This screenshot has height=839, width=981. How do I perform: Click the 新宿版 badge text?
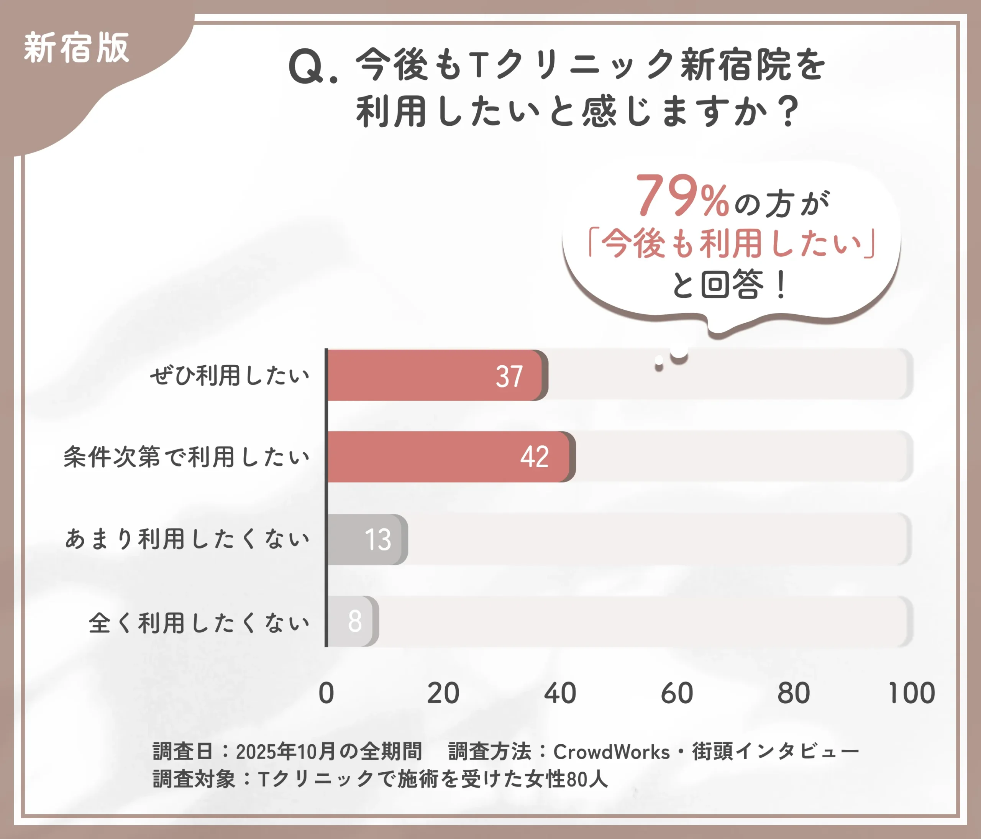(x=76, y=48)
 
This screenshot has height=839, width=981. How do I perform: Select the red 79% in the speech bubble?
(x=681, y=195)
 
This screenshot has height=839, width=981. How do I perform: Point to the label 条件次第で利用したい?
(x=187, y=457)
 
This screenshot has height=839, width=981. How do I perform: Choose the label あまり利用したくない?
(x=187, y=539)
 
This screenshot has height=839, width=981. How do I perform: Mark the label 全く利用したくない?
(x=199, y=622)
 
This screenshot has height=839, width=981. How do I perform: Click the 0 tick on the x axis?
(x=326, y=693)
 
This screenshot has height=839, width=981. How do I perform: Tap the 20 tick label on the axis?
(x=443, y=693)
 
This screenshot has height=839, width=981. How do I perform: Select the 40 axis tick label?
(x=560, y=693)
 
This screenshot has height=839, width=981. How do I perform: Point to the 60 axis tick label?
(x=677, y=693)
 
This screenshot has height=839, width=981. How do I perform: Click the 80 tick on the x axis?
(x=794, y=693)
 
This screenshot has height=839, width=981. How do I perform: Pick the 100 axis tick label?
(x=911, y=693)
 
